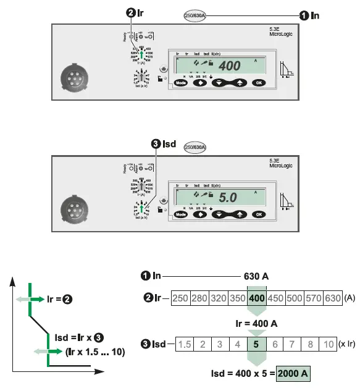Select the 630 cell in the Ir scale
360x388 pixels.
click(x=333, y=297)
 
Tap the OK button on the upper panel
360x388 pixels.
click(x=259, y=82)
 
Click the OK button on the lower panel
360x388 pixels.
click(x=259, y=214)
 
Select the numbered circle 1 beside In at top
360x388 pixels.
click(x=304, y=15)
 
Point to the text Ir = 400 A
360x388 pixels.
click(x=257, y=323)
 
